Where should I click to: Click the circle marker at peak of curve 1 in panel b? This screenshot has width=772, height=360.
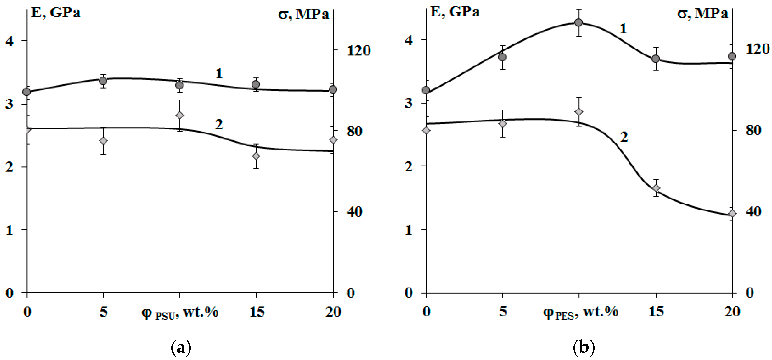[579, 23]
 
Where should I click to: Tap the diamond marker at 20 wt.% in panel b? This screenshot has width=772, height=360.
[732, 213]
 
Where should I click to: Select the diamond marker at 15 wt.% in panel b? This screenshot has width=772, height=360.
[656, 188]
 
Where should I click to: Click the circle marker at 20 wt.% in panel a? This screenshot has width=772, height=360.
[333, 89]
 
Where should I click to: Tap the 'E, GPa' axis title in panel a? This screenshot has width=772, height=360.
[56, 13]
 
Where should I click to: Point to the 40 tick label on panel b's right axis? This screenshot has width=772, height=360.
[753, 212]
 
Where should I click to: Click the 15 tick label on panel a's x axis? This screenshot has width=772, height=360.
[257, 312]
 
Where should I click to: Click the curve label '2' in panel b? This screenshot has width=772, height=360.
[624, 137]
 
